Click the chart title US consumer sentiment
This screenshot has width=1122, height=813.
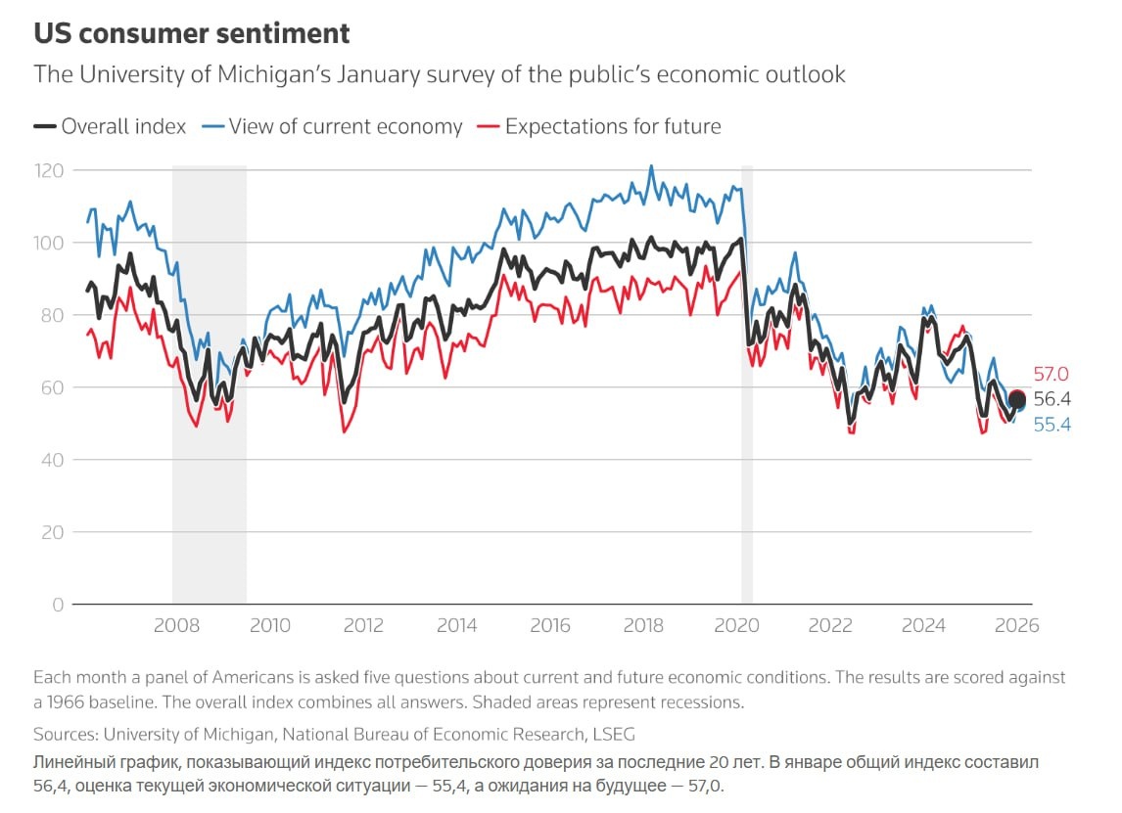(x=192, y=33)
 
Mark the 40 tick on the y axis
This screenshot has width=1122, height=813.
(x=52, y=460)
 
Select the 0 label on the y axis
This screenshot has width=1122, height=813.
(x=58, y=605)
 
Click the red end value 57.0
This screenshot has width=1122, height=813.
(x=1051, y=375)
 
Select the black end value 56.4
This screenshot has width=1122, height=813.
(x=1052, y=399)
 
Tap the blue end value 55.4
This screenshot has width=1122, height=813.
(x=1052, y=425)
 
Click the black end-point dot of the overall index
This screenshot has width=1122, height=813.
(x=1017, y=399)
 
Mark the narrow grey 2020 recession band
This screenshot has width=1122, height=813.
(x=747, y=391)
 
